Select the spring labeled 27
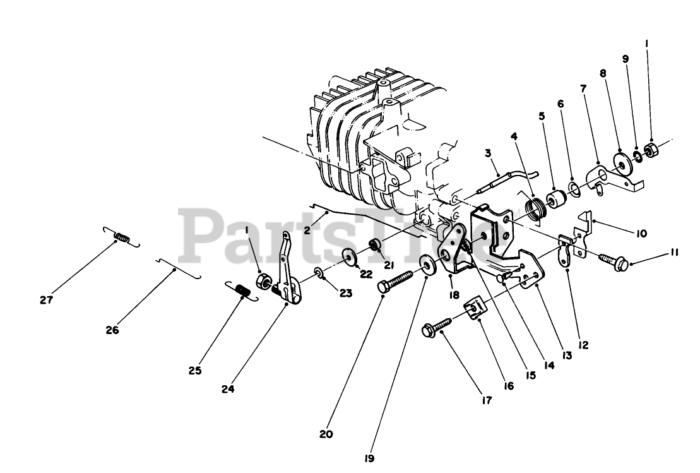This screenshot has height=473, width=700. (121, 237)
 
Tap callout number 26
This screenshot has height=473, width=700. (112, 329)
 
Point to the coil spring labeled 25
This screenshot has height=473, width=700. (242, 292)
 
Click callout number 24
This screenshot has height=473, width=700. (228, 390)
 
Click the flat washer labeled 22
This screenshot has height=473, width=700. (347, 258)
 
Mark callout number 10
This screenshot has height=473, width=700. (641, 233)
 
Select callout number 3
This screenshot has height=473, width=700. (487, 153)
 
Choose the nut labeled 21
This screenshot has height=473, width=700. (374, 244)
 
